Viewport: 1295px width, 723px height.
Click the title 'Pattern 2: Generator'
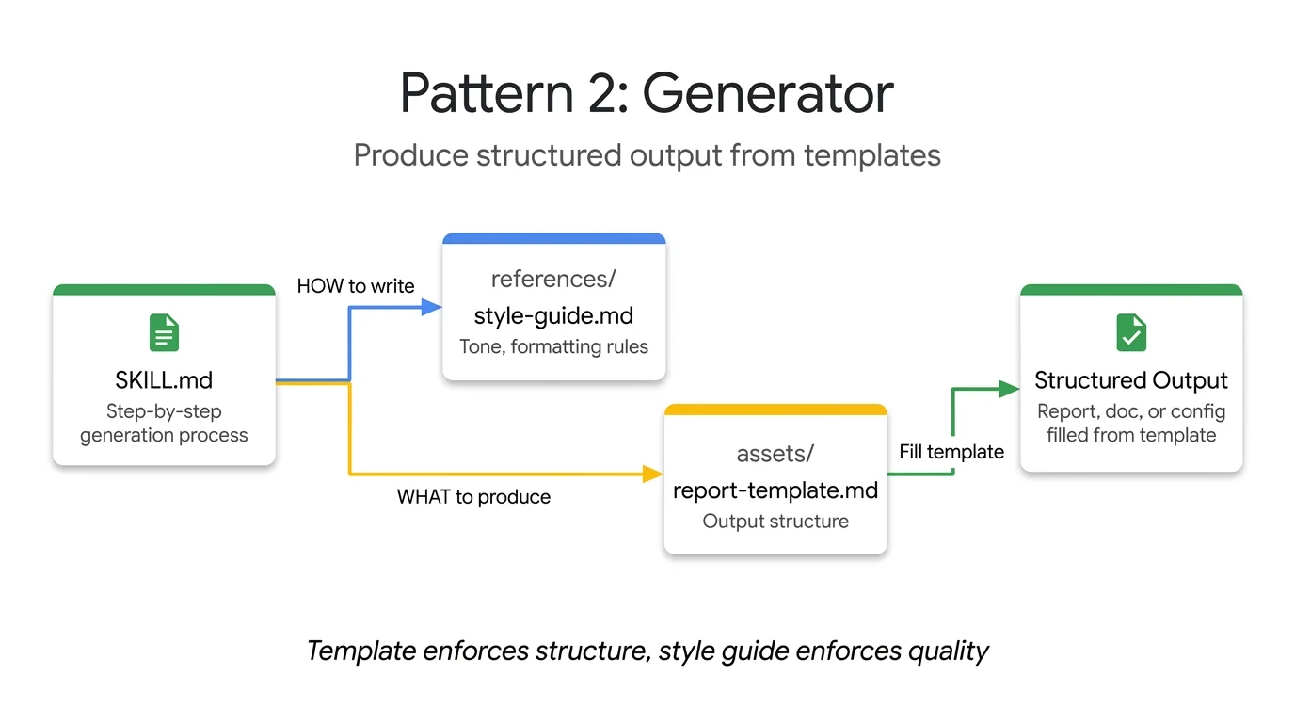(x=647, y=92)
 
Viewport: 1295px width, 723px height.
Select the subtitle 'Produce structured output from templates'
(x=647, y=155)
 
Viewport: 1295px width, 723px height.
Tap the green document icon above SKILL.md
(x=164, y=333)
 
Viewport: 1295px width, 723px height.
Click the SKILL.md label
(x=164, y=380)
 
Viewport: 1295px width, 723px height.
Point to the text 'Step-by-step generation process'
(x=164, y=424)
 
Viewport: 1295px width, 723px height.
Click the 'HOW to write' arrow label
(x=356, y=286)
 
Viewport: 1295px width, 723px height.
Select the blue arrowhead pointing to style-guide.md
(x=432, y=306)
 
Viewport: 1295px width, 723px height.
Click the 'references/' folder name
(x=553, y=279)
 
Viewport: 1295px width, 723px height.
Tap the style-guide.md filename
(x=553, y=314)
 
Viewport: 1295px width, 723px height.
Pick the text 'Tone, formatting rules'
(x=553, y=346)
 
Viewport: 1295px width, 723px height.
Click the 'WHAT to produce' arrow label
(x=473, y=497)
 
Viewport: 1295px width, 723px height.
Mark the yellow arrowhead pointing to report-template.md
(x=653, y=474)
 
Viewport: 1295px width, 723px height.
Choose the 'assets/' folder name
(x=775, y=454)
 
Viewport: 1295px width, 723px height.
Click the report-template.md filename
(x=775, y=490)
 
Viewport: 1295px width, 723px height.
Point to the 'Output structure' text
(x=775, y=522)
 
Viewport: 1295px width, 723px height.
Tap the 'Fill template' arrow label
(x=951, y=452)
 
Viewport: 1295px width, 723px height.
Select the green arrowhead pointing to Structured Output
(x=1010, y=388)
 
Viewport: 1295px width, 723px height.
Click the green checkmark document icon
(x=1131, y=333)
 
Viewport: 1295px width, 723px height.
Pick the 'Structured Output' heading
(x=1131, y=380)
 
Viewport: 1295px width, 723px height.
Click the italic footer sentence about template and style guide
(x=647, y=651)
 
